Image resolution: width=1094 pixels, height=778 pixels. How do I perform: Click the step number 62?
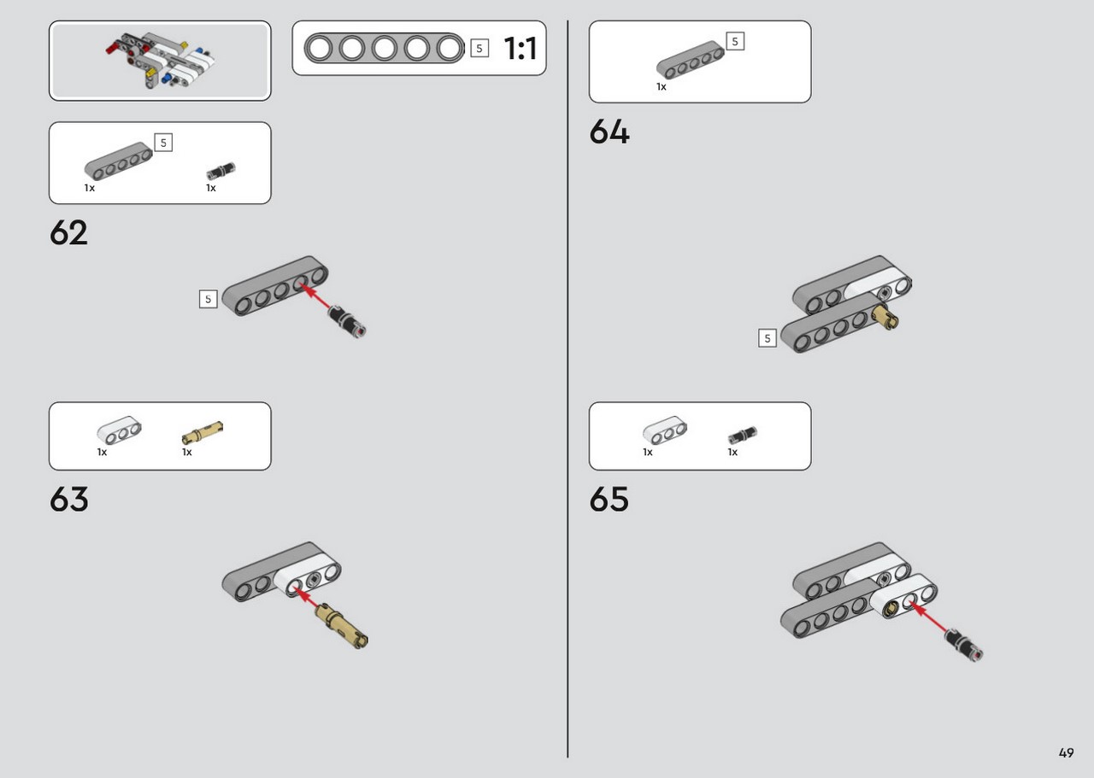point(68,232)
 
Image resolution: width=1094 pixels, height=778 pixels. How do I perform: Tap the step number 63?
point(69,499)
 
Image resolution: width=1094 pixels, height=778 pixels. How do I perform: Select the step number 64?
point(609,132)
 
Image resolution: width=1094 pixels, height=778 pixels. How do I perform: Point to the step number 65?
point(609,499)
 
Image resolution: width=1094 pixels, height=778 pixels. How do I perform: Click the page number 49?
point(1066,752)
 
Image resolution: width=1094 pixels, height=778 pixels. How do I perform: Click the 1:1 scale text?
point(521,49)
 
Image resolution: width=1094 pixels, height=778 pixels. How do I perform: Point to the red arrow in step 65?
point(928,617)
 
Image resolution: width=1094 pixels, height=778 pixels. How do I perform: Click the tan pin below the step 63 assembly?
point(341,626)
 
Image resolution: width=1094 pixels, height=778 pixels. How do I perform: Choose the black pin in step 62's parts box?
point(221,171)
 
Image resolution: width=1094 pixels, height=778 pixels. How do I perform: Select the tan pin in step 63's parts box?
point(203,432)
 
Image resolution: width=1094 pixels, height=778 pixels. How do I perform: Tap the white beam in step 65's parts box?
point(665,430)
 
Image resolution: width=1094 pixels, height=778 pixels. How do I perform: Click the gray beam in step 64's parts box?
point(690,60)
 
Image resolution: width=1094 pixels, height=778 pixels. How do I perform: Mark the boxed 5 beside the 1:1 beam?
point(479,49)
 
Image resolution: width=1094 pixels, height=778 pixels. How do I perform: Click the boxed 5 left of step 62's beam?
point(208,299)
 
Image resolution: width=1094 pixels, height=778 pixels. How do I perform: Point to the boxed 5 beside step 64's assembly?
point(768,337)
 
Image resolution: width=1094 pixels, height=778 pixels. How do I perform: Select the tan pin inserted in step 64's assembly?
point(886,317)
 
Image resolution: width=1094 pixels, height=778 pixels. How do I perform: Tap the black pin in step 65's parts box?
point(743,434)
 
